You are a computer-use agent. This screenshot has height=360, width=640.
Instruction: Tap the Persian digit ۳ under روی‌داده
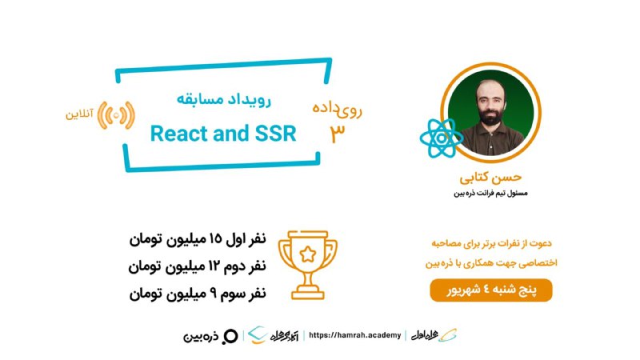(338, 134)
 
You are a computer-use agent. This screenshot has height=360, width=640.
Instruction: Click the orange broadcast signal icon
(116, 115)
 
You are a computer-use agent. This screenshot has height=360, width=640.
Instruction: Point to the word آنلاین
(79, 114)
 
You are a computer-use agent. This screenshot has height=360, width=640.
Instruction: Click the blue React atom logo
(442, 138)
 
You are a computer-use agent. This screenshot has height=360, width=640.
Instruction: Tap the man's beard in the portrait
(490, 115)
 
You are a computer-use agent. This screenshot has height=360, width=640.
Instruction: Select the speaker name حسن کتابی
(490, 178)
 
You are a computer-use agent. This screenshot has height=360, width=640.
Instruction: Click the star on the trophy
(308, 254)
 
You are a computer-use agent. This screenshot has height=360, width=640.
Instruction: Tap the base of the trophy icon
(308, 294)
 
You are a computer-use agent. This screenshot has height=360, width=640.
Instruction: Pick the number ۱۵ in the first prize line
(215, 238)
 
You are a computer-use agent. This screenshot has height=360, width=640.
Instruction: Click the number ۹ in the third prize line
(213, 294)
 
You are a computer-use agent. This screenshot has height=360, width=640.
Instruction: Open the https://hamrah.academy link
(354, 335)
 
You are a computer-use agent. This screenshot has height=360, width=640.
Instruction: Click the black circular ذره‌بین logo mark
(230, 336)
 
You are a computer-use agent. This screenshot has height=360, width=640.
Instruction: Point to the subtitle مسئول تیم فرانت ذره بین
(490, 193)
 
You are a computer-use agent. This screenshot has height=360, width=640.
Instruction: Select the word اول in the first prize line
(234, 238)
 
